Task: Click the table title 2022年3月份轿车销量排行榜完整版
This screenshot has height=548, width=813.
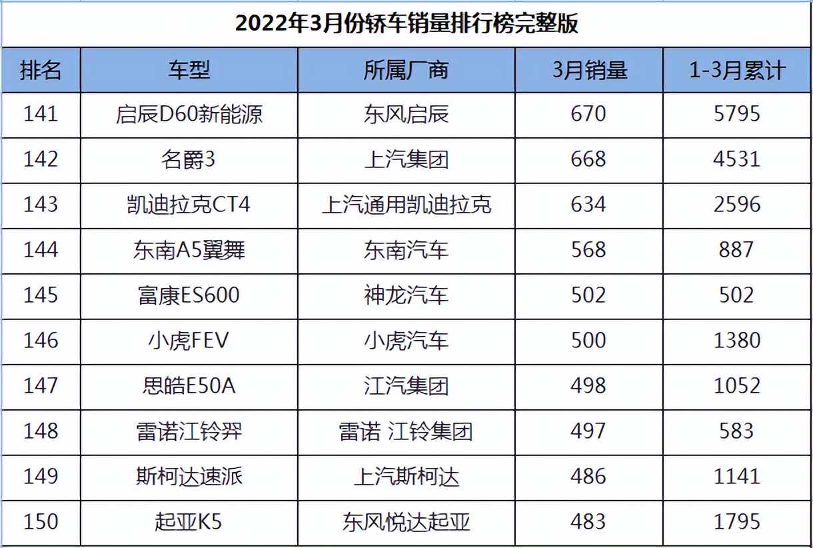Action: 406,24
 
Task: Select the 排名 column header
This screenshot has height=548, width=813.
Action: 41,70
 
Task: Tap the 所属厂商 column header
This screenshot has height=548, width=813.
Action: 406,70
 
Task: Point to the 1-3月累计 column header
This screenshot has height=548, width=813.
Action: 736,70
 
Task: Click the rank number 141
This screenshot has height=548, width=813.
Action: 41,114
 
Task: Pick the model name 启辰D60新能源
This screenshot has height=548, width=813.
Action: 189,114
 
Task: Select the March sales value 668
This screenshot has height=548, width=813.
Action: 588,159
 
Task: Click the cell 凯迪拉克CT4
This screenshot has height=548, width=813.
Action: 189,204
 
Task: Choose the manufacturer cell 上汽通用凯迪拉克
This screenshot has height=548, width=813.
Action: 406,204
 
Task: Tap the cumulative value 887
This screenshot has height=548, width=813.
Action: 736,249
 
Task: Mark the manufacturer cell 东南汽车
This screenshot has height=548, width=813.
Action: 406,249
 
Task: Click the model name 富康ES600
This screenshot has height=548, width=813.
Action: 189,295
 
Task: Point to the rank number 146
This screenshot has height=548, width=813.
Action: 41,340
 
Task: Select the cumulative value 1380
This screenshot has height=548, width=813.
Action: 736,340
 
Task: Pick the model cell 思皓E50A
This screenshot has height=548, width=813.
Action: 189,385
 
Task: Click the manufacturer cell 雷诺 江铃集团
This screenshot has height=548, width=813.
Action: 406,431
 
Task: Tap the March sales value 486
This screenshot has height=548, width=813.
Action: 588,476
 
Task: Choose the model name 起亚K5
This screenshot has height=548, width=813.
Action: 189,521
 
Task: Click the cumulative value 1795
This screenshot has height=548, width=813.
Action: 736,521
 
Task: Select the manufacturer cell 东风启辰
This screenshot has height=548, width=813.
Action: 406,114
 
